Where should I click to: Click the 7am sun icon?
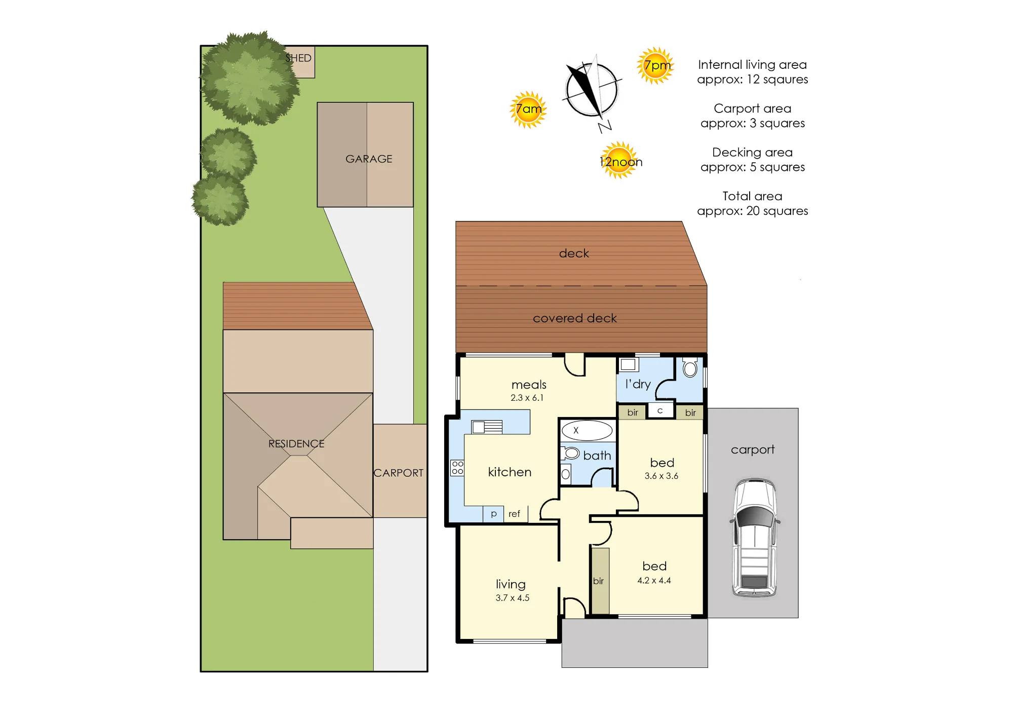point(528,109)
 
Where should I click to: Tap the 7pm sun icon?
point(656,65)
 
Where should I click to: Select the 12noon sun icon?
point(619,161)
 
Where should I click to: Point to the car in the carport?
point(755,537)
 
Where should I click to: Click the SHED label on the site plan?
point(298,58)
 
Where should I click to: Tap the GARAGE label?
point(369,159)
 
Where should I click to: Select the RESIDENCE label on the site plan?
point(296,444)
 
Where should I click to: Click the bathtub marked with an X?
point(587,430)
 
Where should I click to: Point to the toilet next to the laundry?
point(690,367)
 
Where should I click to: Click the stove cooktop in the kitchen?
point(457,468)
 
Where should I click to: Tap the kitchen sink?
point(487,427)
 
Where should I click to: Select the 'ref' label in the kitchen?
point(514,514)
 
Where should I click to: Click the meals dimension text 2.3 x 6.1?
point(527,398)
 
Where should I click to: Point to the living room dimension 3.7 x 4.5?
point(513,598)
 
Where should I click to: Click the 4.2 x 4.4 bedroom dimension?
point(654,581)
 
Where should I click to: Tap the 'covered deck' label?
point(575,318)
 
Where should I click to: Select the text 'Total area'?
point(752,196)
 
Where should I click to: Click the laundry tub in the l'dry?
point(629,364)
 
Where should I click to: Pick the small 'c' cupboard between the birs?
point(660,410)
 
